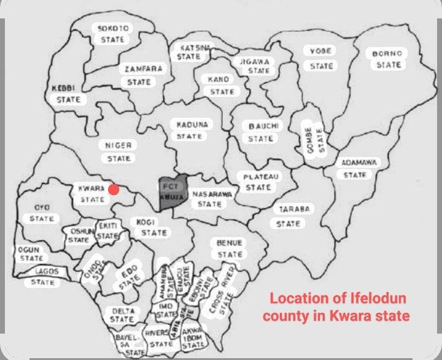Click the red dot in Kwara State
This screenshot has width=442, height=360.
point(114,190)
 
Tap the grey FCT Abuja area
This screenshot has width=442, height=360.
point(169,193)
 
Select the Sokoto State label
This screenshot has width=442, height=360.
point(111,34)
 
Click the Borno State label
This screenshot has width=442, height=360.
point(388,59)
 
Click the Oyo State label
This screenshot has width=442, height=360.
point(42,213)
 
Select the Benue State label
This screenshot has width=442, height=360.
point(230,248)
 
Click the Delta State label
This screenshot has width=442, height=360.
point(123,315)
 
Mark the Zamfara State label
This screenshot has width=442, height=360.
point(144,75)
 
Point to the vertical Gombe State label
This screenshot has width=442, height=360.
point(314,139)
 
